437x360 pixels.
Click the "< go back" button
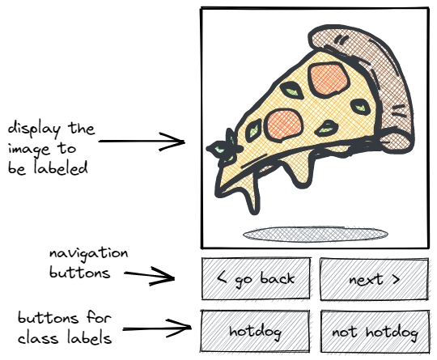[256, 278]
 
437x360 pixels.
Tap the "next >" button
[375, 279]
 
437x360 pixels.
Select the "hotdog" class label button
[255, 332]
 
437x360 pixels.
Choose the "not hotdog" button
[375, 332]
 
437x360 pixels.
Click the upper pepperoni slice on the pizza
[329, 79]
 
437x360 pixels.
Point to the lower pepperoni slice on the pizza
[283, 125]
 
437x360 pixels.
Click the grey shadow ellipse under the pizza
[316, 234]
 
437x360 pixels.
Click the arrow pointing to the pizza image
[142, 142]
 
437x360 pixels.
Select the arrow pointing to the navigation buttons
[150, 275]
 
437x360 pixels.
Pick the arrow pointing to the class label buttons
[157, 328]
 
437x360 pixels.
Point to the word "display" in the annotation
[34, 129]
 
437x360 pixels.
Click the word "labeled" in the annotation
[61, 168]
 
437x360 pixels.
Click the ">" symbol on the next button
[396, 279]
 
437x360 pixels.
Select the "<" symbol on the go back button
[222, 277]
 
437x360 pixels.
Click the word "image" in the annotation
[29, 149]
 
